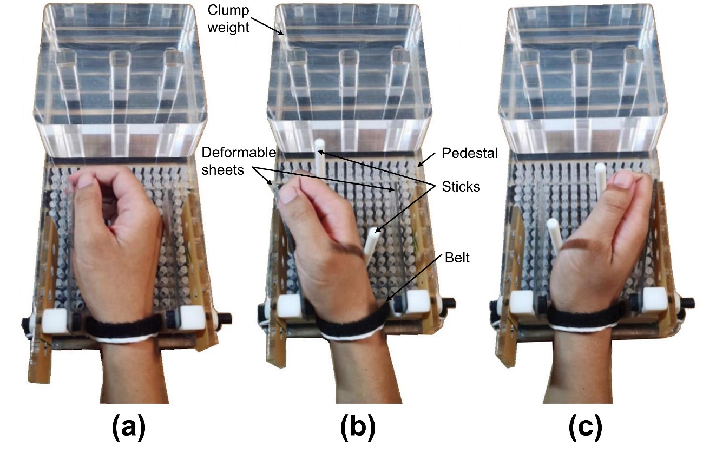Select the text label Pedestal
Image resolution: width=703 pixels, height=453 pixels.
(x=470, y=153)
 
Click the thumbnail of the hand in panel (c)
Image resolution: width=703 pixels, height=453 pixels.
(x=623, y=180)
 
